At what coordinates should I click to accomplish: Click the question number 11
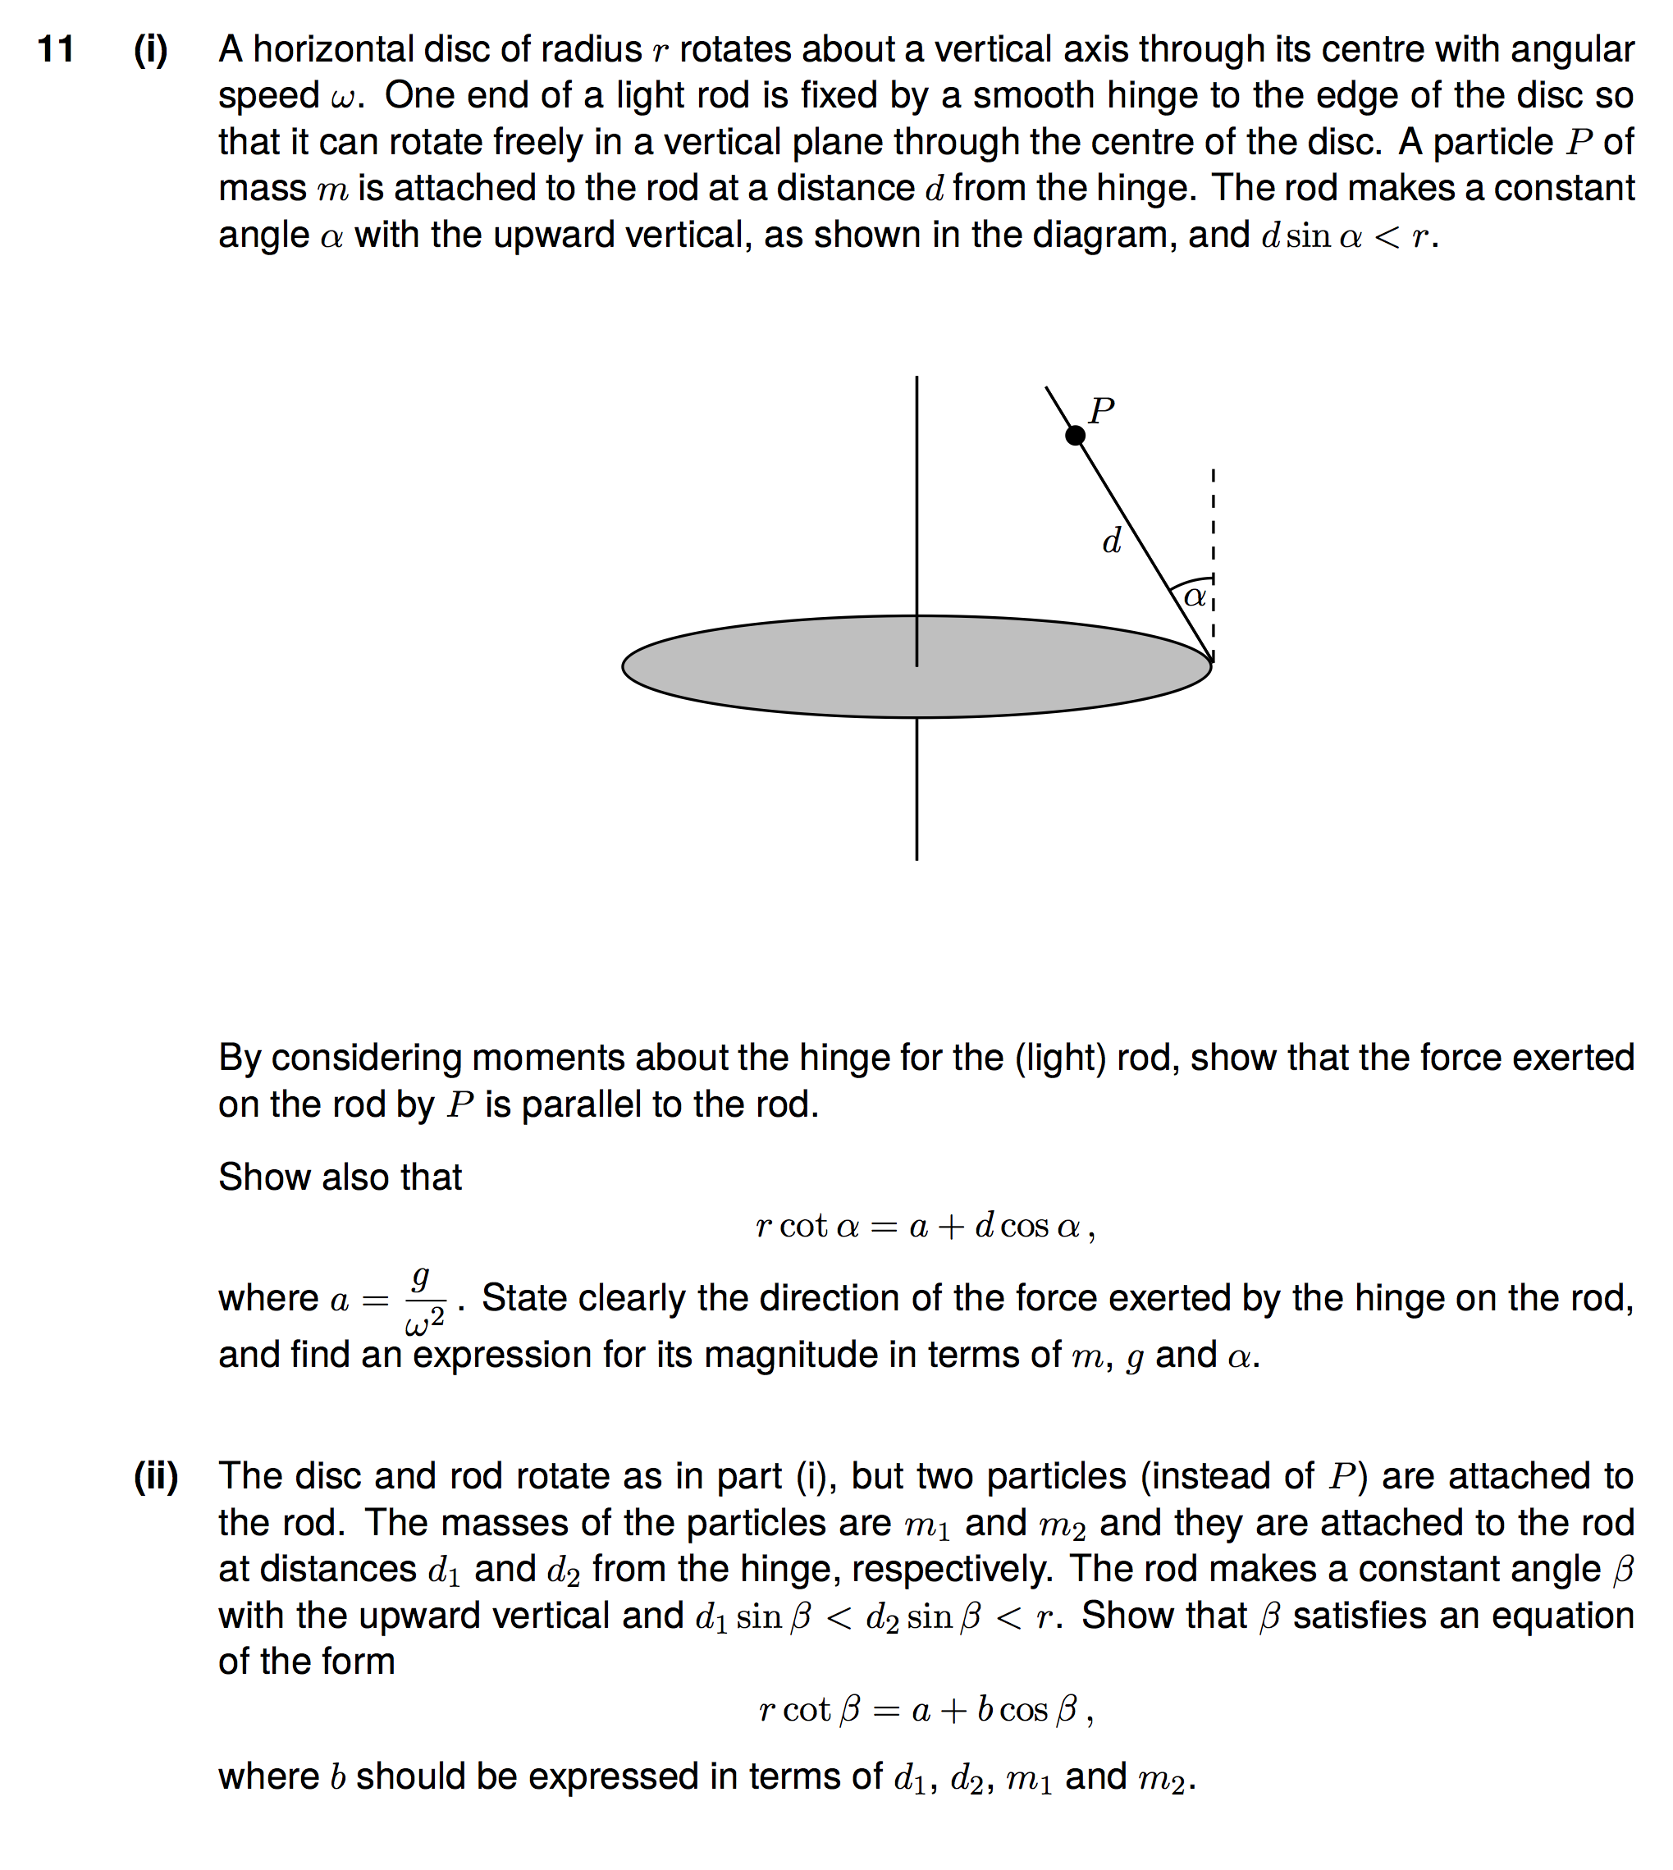[55, 50]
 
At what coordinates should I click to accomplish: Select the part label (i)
[151, 50]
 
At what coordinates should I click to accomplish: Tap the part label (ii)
[155, 1475]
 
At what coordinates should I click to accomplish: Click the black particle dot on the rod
[1075, 436]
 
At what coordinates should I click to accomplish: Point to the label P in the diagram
[1101, 410]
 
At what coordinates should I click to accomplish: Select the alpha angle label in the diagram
[1194, 597]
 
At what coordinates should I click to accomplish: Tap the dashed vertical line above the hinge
[1214, 533]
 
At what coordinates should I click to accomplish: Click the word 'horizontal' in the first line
[315, 50]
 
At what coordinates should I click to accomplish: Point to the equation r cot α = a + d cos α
[925, 1227]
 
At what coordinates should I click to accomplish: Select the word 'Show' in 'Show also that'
[257, 1177]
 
